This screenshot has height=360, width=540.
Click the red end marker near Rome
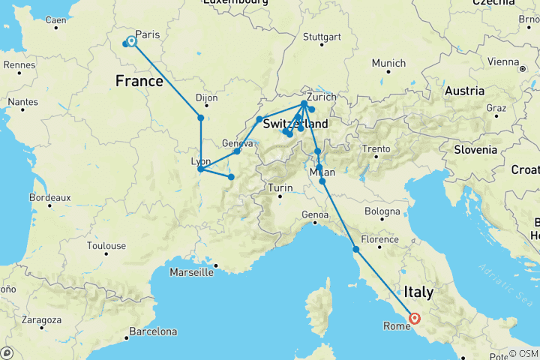[x=415, y=318]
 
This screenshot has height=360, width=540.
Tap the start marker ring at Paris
[x=132, y=42]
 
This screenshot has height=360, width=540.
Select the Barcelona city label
[x=154, y=331]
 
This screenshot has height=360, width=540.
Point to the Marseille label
[x=190, y=271]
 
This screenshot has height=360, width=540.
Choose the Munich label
[x=388, y=64]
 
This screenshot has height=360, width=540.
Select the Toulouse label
[x=106, y=245]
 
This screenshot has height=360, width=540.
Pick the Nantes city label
[x=24, y=101]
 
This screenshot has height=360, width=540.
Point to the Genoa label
[x=315, y=215]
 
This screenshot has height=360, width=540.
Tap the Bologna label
[x=382, y=211]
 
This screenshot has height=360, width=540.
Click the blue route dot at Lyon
[x=200, y=169]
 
